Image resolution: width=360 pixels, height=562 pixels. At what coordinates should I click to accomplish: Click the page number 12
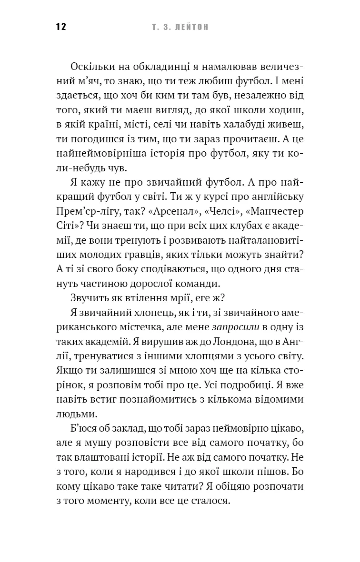point(60,27)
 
